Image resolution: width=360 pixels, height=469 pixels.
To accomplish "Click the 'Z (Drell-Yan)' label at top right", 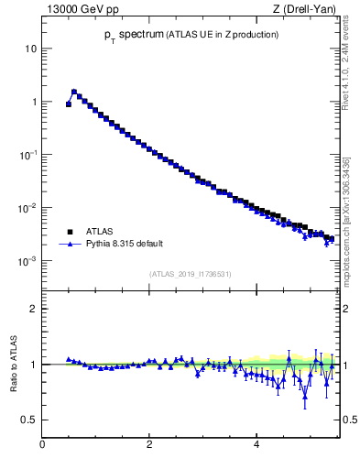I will (x=304, y=10).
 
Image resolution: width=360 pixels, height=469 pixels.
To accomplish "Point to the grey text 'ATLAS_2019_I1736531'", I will (x=189, y=274).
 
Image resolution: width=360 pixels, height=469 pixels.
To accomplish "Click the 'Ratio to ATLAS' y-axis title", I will (x=13, y=364).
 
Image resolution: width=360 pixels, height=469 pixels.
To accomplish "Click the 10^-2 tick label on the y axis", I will (x=28, y=207).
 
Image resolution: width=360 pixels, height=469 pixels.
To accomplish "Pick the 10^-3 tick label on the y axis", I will (x=28, y=260).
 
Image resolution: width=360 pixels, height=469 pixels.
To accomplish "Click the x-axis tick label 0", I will (x=42, y=444).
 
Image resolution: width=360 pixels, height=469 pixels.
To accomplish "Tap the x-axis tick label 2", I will (x=149, y=444).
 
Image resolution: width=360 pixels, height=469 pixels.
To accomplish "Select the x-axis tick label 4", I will (x=256, y=444).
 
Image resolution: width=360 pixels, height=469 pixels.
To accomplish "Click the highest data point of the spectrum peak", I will (x=74, y=92).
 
